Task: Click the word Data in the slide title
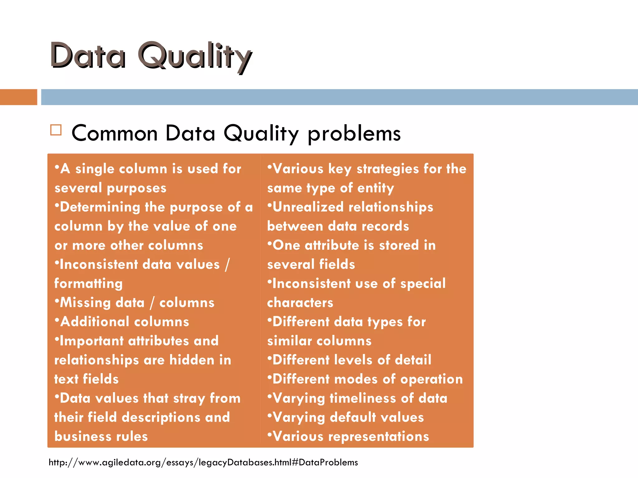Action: tap(88, 56)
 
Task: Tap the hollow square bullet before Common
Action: tap(56, 130)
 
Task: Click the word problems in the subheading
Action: tap(354, 134)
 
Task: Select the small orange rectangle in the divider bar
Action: tap(18, 97)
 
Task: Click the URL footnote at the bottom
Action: tap(203, 462)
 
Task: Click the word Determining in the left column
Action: tap(100, 207)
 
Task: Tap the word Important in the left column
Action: tap(92, 341)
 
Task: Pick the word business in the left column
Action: tap(82, 436)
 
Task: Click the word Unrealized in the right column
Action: tap(308, 207)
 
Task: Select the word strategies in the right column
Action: tap(388, 169)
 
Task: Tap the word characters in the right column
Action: tap(300, 303)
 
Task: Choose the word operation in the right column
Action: tap(431, 379)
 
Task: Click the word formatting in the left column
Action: tap(88, 284)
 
